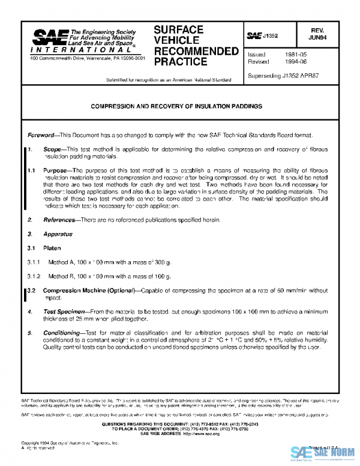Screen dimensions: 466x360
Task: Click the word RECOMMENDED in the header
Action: click(196, 51)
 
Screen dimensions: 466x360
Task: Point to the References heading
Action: click(59, 220)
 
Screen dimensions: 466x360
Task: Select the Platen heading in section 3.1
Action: click(52, 247)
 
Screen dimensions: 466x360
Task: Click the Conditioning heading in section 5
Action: click(62, 333)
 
